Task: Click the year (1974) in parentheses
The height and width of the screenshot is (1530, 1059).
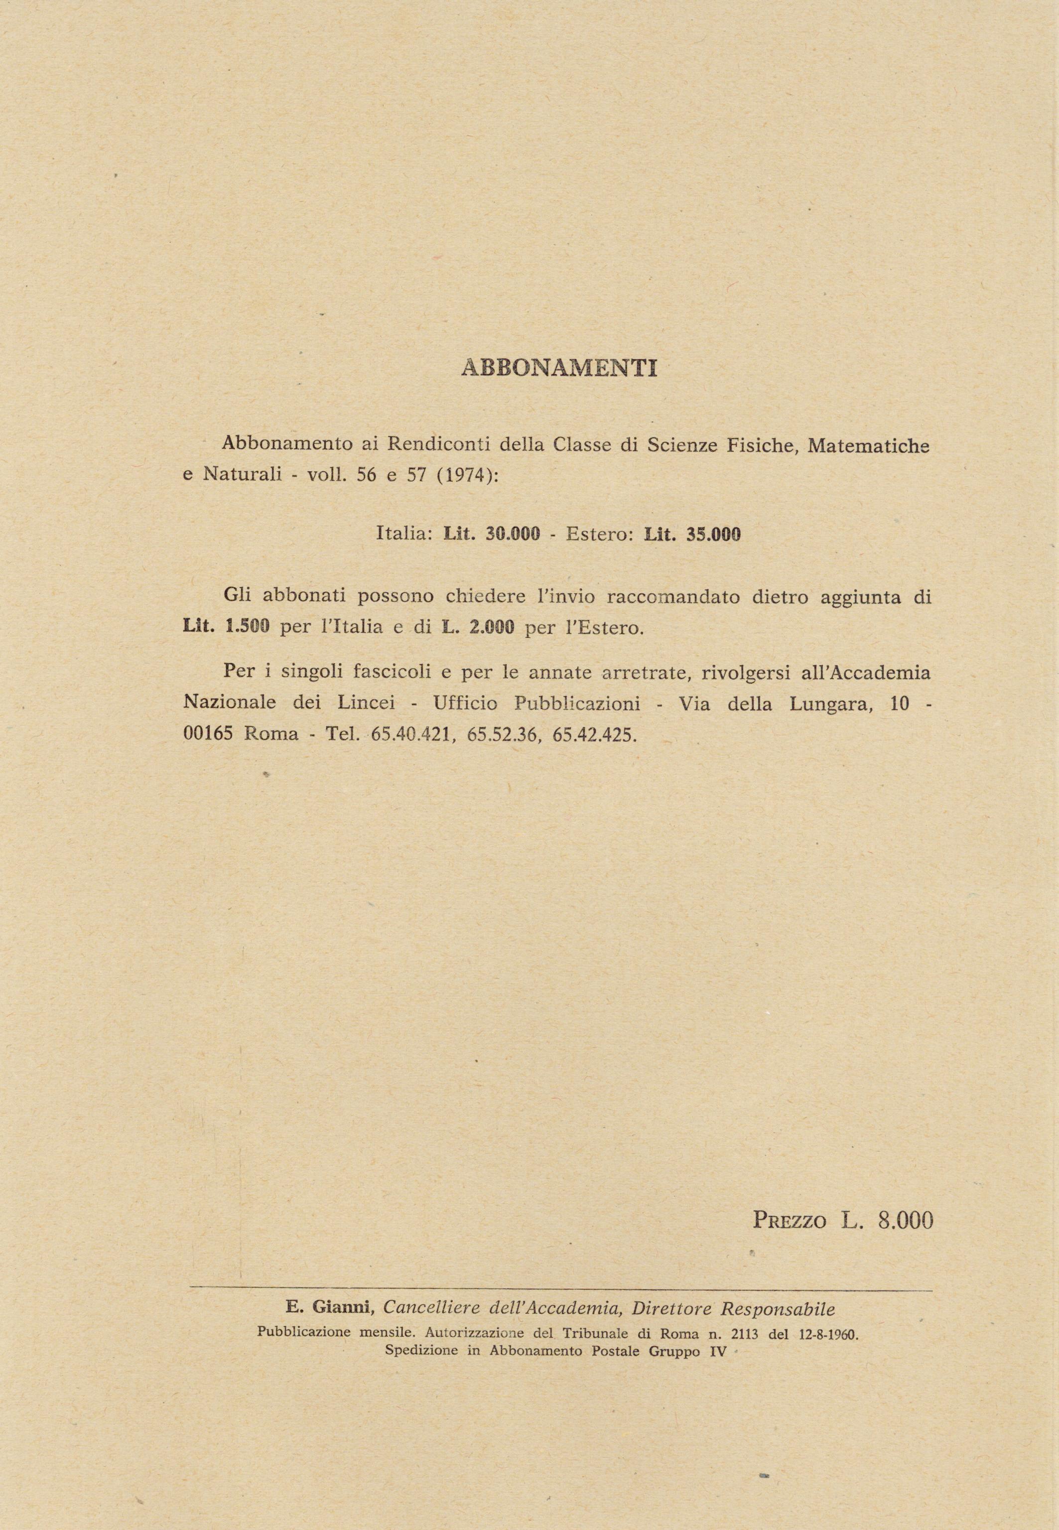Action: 468,476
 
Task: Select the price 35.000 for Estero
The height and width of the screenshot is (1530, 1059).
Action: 713,534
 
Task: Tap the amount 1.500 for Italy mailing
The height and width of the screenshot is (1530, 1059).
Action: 248,627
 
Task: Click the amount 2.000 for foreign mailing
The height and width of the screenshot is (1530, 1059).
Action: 492,627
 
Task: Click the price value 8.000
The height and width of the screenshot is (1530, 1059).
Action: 905,1219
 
